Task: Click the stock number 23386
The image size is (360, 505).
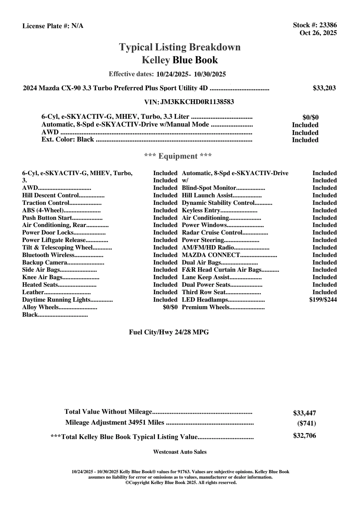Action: [328, 25]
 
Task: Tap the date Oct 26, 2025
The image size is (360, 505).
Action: [318, 33]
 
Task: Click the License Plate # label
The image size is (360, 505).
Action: [46, 26]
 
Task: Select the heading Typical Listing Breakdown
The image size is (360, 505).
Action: [180, 47]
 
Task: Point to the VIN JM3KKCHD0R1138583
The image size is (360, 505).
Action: [197, 102]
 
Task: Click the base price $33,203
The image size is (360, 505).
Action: [324, 88]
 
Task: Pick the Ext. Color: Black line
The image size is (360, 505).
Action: [68, 139]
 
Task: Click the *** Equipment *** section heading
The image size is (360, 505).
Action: [178, 156]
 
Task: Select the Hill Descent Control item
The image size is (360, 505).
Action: [50, 196]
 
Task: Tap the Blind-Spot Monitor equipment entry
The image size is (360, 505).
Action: [209, 188]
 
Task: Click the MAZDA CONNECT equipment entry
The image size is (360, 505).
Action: [211, 255]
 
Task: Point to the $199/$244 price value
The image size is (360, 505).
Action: [323, 300]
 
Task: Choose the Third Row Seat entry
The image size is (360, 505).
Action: [204, 292]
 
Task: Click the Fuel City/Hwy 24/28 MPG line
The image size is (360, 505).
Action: [169, 332]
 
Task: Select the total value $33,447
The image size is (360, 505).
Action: [305, 413]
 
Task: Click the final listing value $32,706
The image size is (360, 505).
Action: [305, 436]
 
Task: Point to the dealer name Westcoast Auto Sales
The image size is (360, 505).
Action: [180, 452]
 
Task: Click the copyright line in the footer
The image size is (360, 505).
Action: [181, 483]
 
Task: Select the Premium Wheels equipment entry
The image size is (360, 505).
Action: [205, 307]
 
